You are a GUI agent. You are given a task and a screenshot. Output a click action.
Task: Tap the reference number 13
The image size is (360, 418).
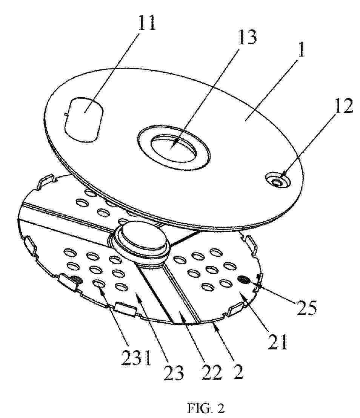[247, 37]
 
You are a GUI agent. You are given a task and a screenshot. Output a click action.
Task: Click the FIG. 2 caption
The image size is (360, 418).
[206, 408]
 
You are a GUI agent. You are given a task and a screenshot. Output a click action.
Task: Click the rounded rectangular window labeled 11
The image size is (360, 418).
[84, 119]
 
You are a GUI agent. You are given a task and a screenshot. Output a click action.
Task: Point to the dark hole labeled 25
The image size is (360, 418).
[243, 280]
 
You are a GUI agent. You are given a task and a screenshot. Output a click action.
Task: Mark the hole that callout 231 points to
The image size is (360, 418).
[98, 284]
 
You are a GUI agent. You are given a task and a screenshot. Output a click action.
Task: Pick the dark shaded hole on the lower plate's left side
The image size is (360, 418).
[77, 280]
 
